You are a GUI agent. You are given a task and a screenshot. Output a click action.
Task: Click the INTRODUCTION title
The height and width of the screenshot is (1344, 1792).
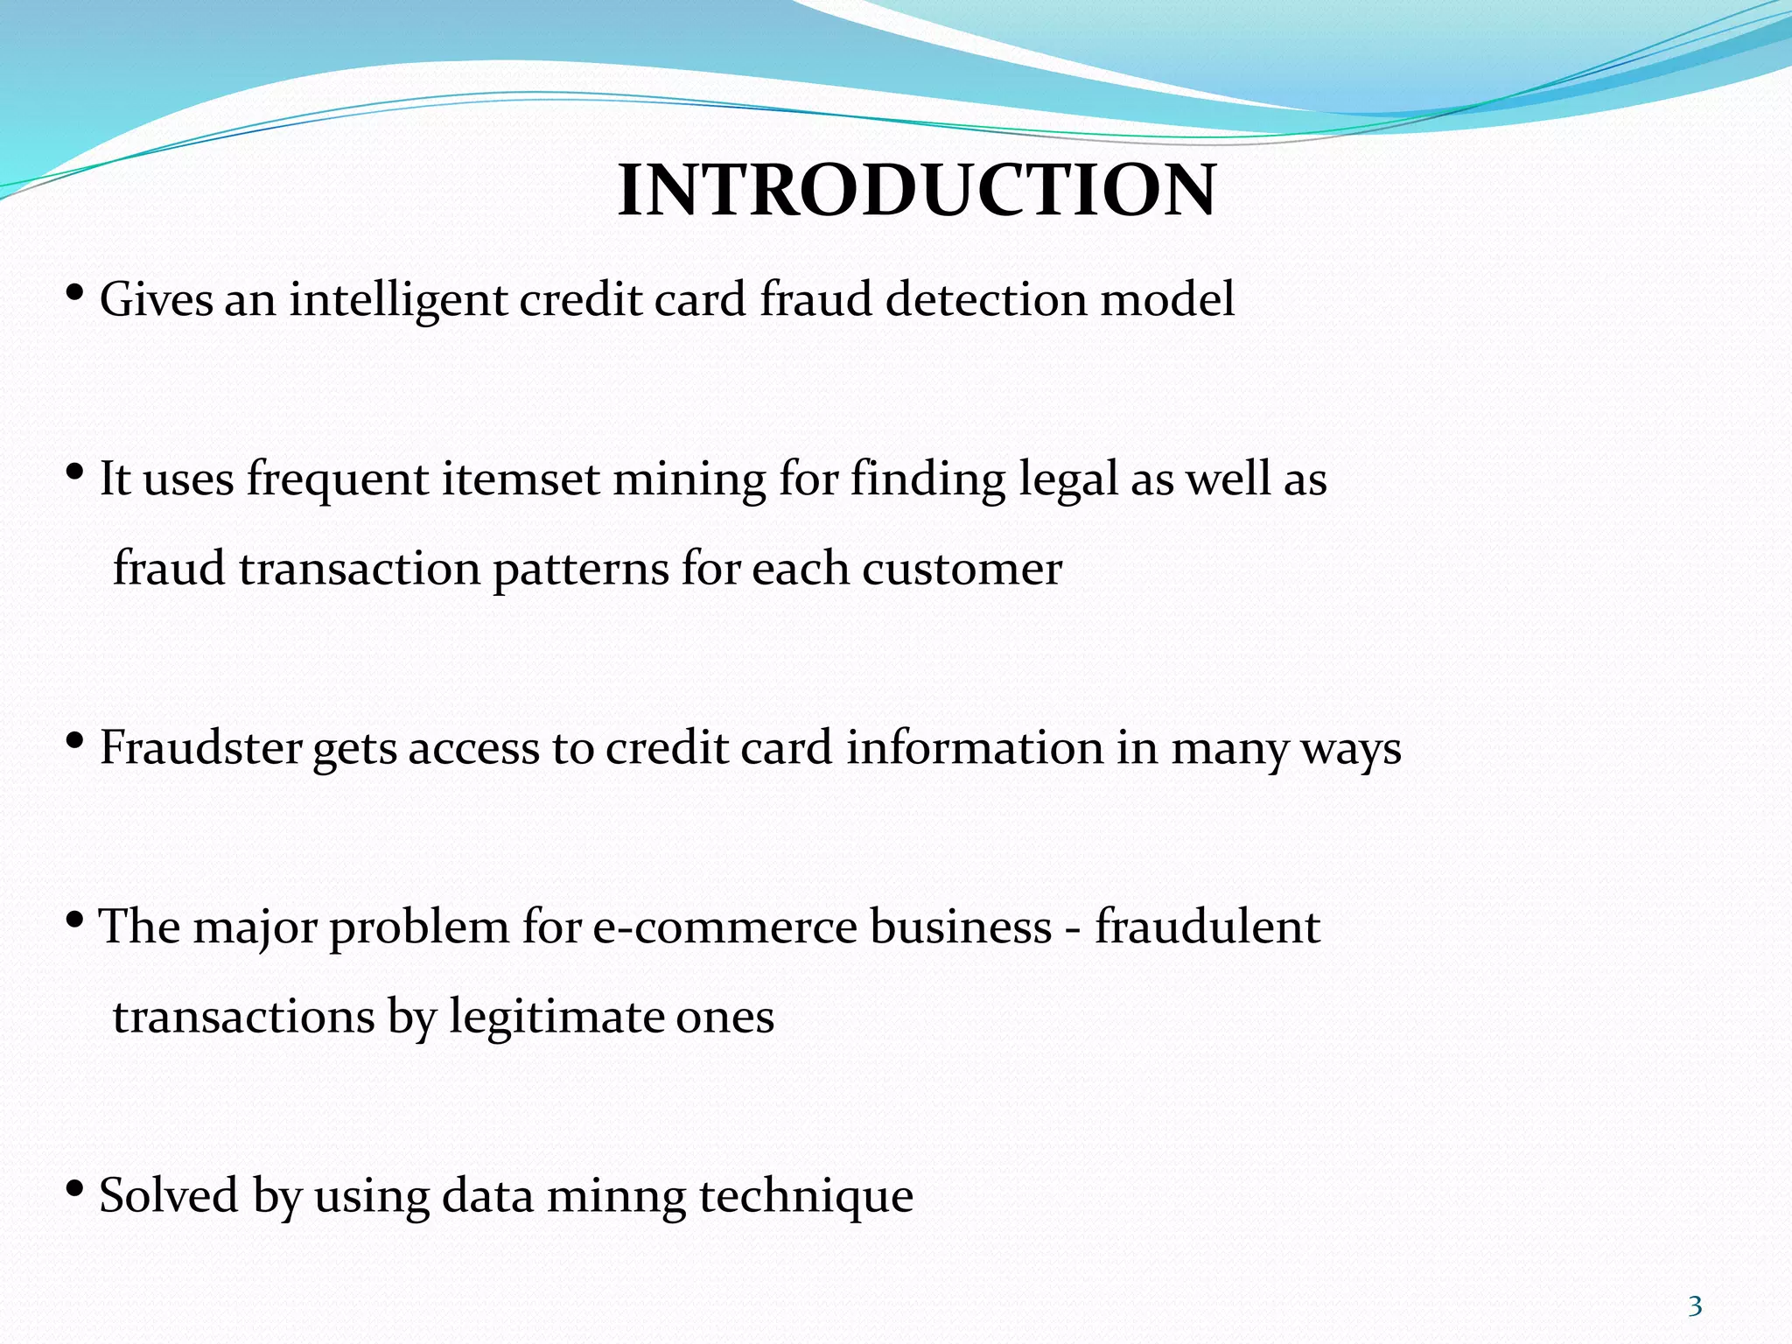(x=916, y=191)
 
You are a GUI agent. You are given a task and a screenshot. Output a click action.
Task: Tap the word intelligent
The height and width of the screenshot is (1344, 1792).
(x=398, y=300)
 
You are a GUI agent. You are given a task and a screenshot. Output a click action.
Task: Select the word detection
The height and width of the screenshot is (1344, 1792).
(x=987, y=299)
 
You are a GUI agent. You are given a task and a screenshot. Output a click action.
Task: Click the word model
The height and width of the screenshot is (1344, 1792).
(x=1167, y=299)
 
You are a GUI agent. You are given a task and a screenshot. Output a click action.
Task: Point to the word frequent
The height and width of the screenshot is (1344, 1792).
(x=338, y=480)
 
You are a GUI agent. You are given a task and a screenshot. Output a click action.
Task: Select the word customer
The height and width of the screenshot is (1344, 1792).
(x=962, y=570)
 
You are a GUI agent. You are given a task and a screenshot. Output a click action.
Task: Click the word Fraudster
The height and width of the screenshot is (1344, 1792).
(x=200, y=748)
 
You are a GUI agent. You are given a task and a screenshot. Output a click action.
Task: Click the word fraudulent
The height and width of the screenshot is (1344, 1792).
(x=1207, y=927)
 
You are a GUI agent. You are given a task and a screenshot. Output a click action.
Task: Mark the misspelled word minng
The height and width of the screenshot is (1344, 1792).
(x=616, y=1197)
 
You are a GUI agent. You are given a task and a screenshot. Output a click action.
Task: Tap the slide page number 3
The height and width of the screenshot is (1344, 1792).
(x=1695, y=1306)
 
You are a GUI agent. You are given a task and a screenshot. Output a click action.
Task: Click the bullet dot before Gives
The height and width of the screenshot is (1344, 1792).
(x=75, y=292)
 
